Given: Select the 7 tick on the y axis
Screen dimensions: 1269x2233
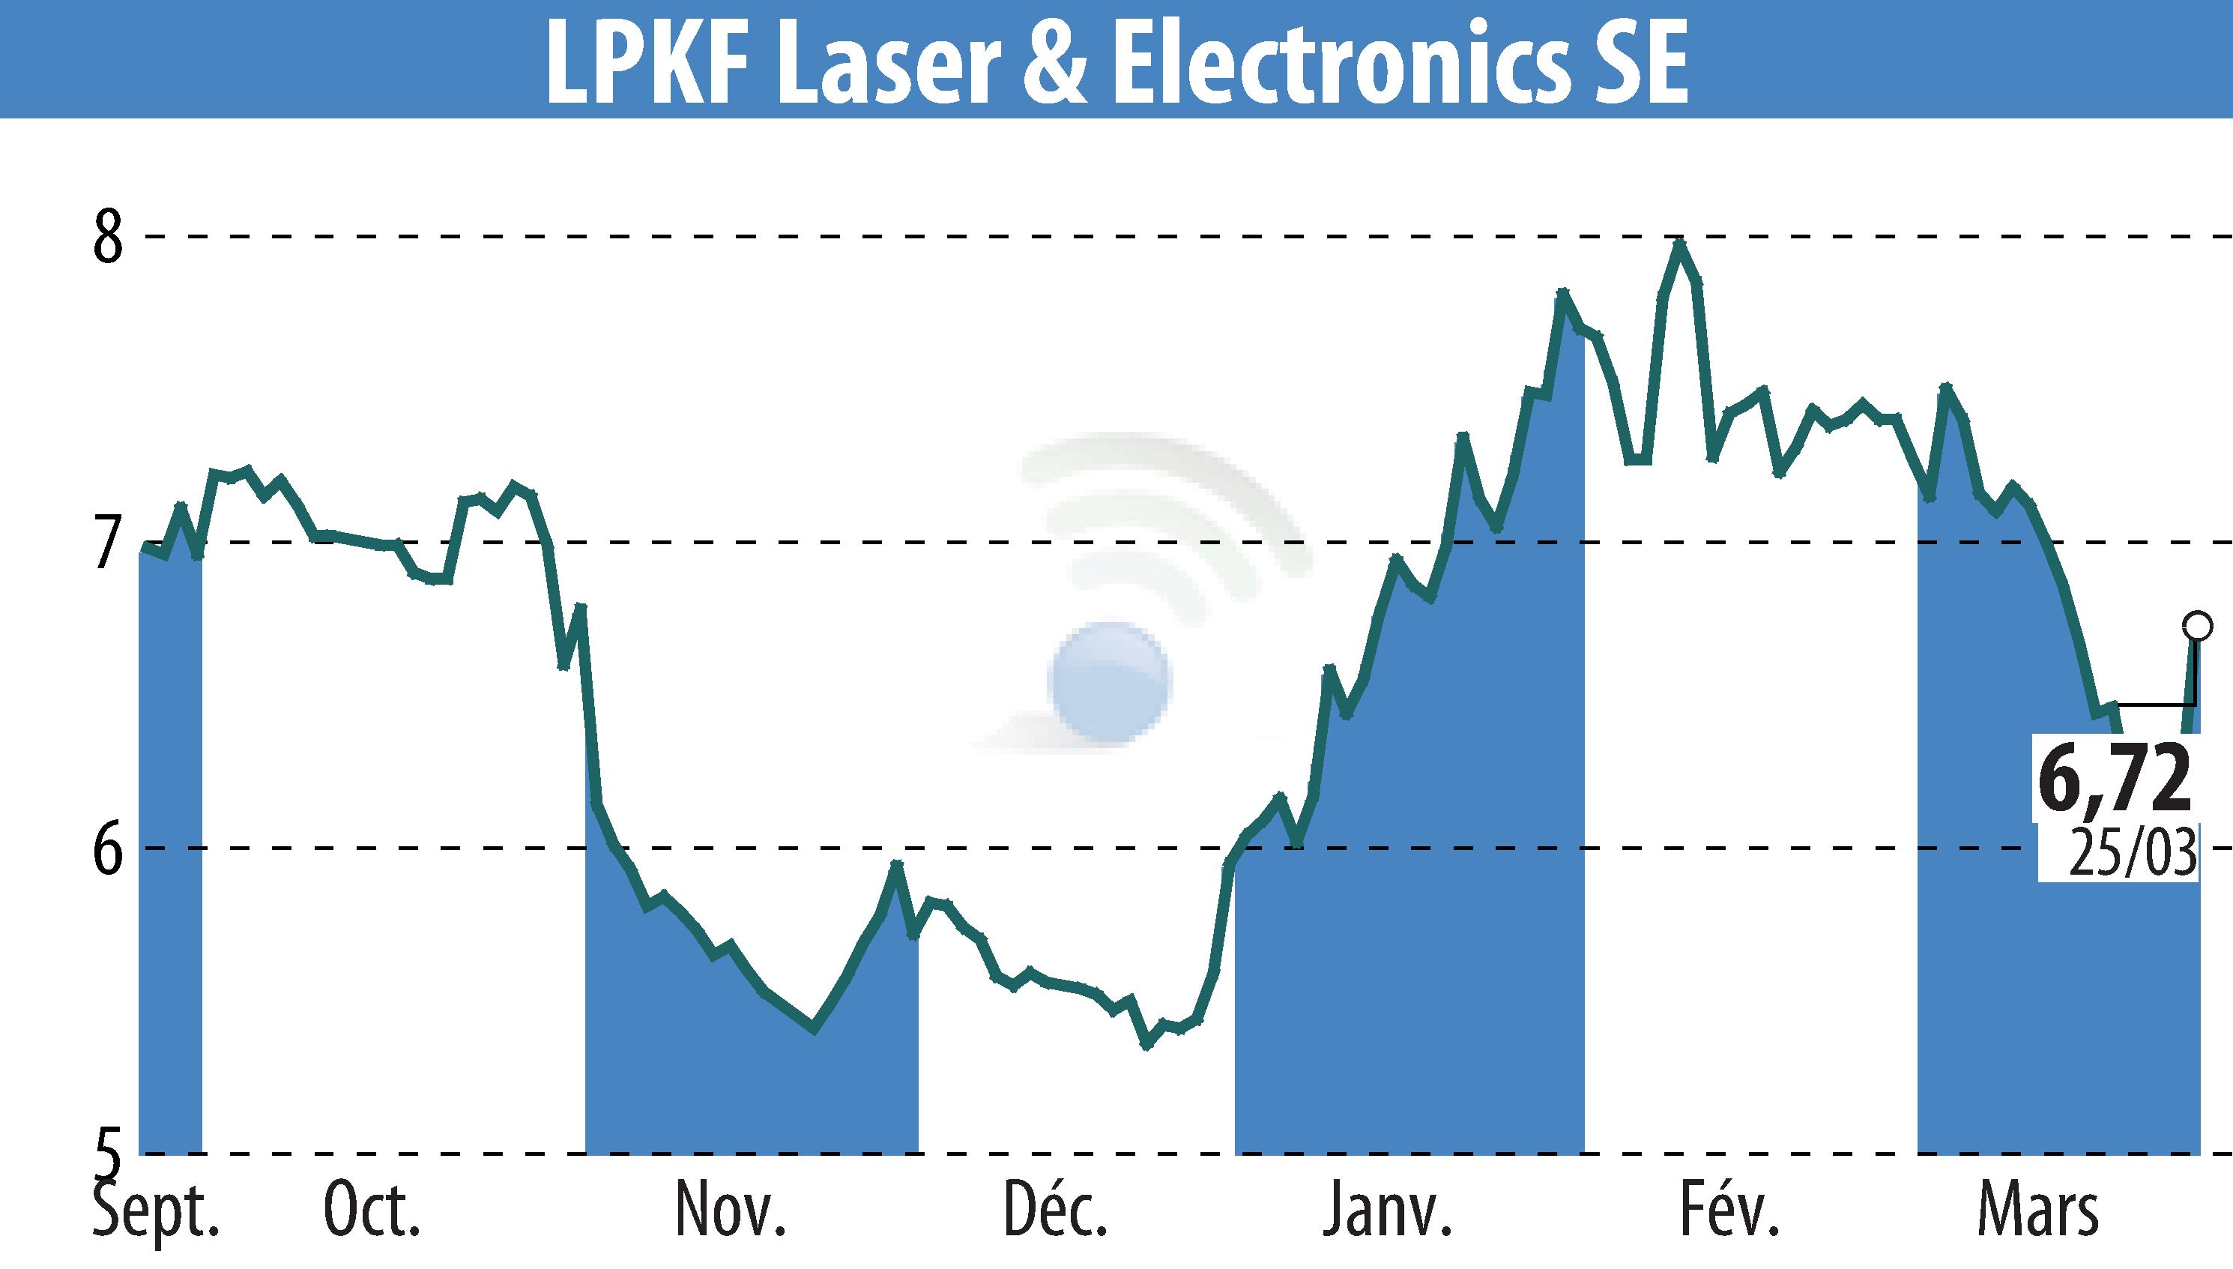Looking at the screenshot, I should (x=109, y=542).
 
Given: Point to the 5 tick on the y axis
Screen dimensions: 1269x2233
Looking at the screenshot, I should (x=109, y=1155).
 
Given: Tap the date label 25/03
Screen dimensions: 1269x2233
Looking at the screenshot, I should (x=2132, y=851).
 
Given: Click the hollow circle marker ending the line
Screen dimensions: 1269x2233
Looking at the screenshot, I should (x=2197, y=626).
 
